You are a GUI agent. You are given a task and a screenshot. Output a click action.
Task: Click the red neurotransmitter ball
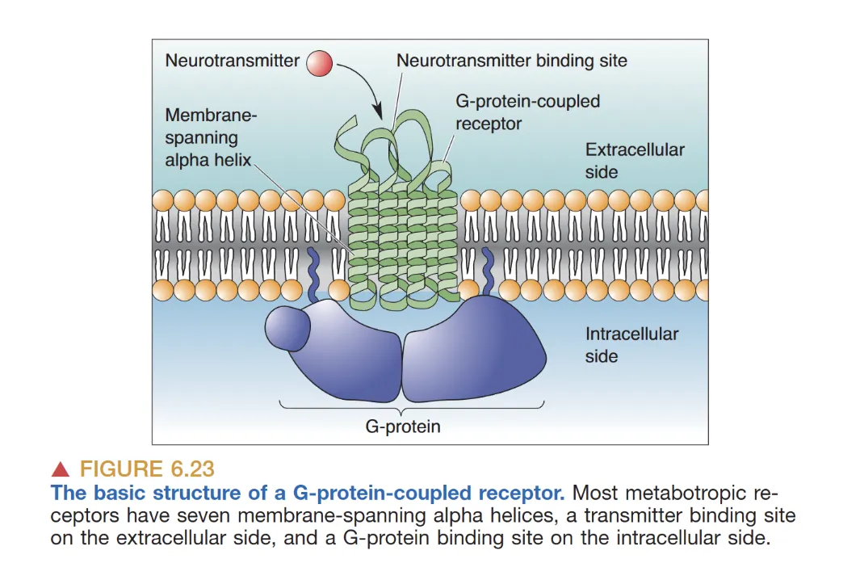pos(320,63)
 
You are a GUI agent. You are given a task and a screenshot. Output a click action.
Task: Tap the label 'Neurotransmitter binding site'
pos(511,61)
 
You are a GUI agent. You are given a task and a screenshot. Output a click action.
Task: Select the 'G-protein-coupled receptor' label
pos(527,112)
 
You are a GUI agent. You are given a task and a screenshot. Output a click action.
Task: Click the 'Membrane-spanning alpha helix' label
pos(209,137)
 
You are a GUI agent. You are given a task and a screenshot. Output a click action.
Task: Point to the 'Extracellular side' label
pos(634,161)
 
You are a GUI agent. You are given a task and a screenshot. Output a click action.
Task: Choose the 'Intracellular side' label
pos(631,345)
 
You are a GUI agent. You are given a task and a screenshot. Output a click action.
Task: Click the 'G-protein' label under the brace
pos(403,426)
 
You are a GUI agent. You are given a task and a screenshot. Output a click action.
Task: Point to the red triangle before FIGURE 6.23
pos(60,469)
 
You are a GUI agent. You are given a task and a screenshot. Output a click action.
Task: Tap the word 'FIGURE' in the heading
pos(119,469)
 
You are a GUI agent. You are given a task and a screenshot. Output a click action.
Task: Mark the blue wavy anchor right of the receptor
pos(488,272)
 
